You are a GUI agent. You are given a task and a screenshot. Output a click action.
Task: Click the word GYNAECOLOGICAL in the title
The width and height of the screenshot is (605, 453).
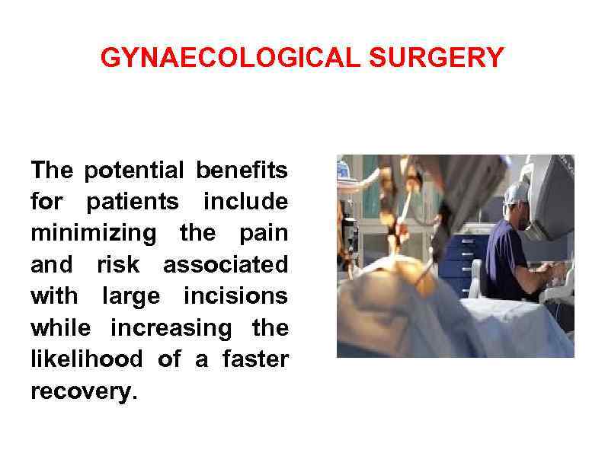(x=229, y=58)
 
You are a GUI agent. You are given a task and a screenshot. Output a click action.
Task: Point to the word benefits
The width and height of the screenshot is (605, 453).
(x=242, y=171)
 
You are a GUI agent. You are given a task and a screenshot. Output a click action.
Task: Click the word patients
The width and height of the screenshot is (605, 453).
(x=133, y=203)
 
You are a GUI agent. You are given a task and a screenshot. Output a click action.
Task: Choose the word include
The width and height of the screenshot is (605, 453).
(x=245, y=203)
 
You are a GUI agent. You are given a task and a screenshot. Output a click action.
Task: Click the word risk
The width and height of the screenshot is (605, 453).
(x=118, y=265)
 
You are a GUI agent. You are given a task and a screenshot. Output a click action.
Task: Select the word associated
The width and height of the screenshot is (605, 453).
(x=226, y=265)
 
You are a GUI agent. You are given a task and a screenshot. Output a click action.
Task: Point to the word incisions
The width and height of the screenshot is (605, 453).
(x=235, y=297)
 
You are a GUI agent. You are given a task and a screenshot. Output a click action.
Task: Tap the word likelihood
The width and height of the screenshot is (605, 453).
(x=86, y=360)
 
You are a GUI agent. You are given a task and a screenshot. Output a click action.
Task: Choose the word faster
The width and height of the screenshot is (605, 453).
(x=255, y=360)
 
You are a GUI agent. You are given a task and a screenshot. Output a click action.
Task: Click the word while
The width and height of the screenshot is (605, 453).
(x=60, y=328)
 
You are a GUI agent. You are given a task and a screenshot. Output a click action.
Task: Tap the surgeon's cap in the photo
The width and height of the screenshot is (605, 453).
(x=519, y=192)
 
